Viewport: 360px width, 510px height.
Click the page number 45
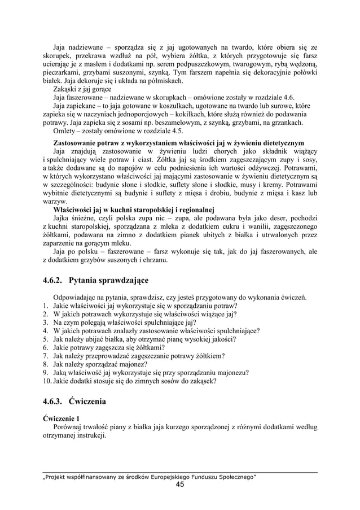point(179,485)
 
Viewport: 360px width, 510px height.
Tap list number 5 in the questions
point(45,339)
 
